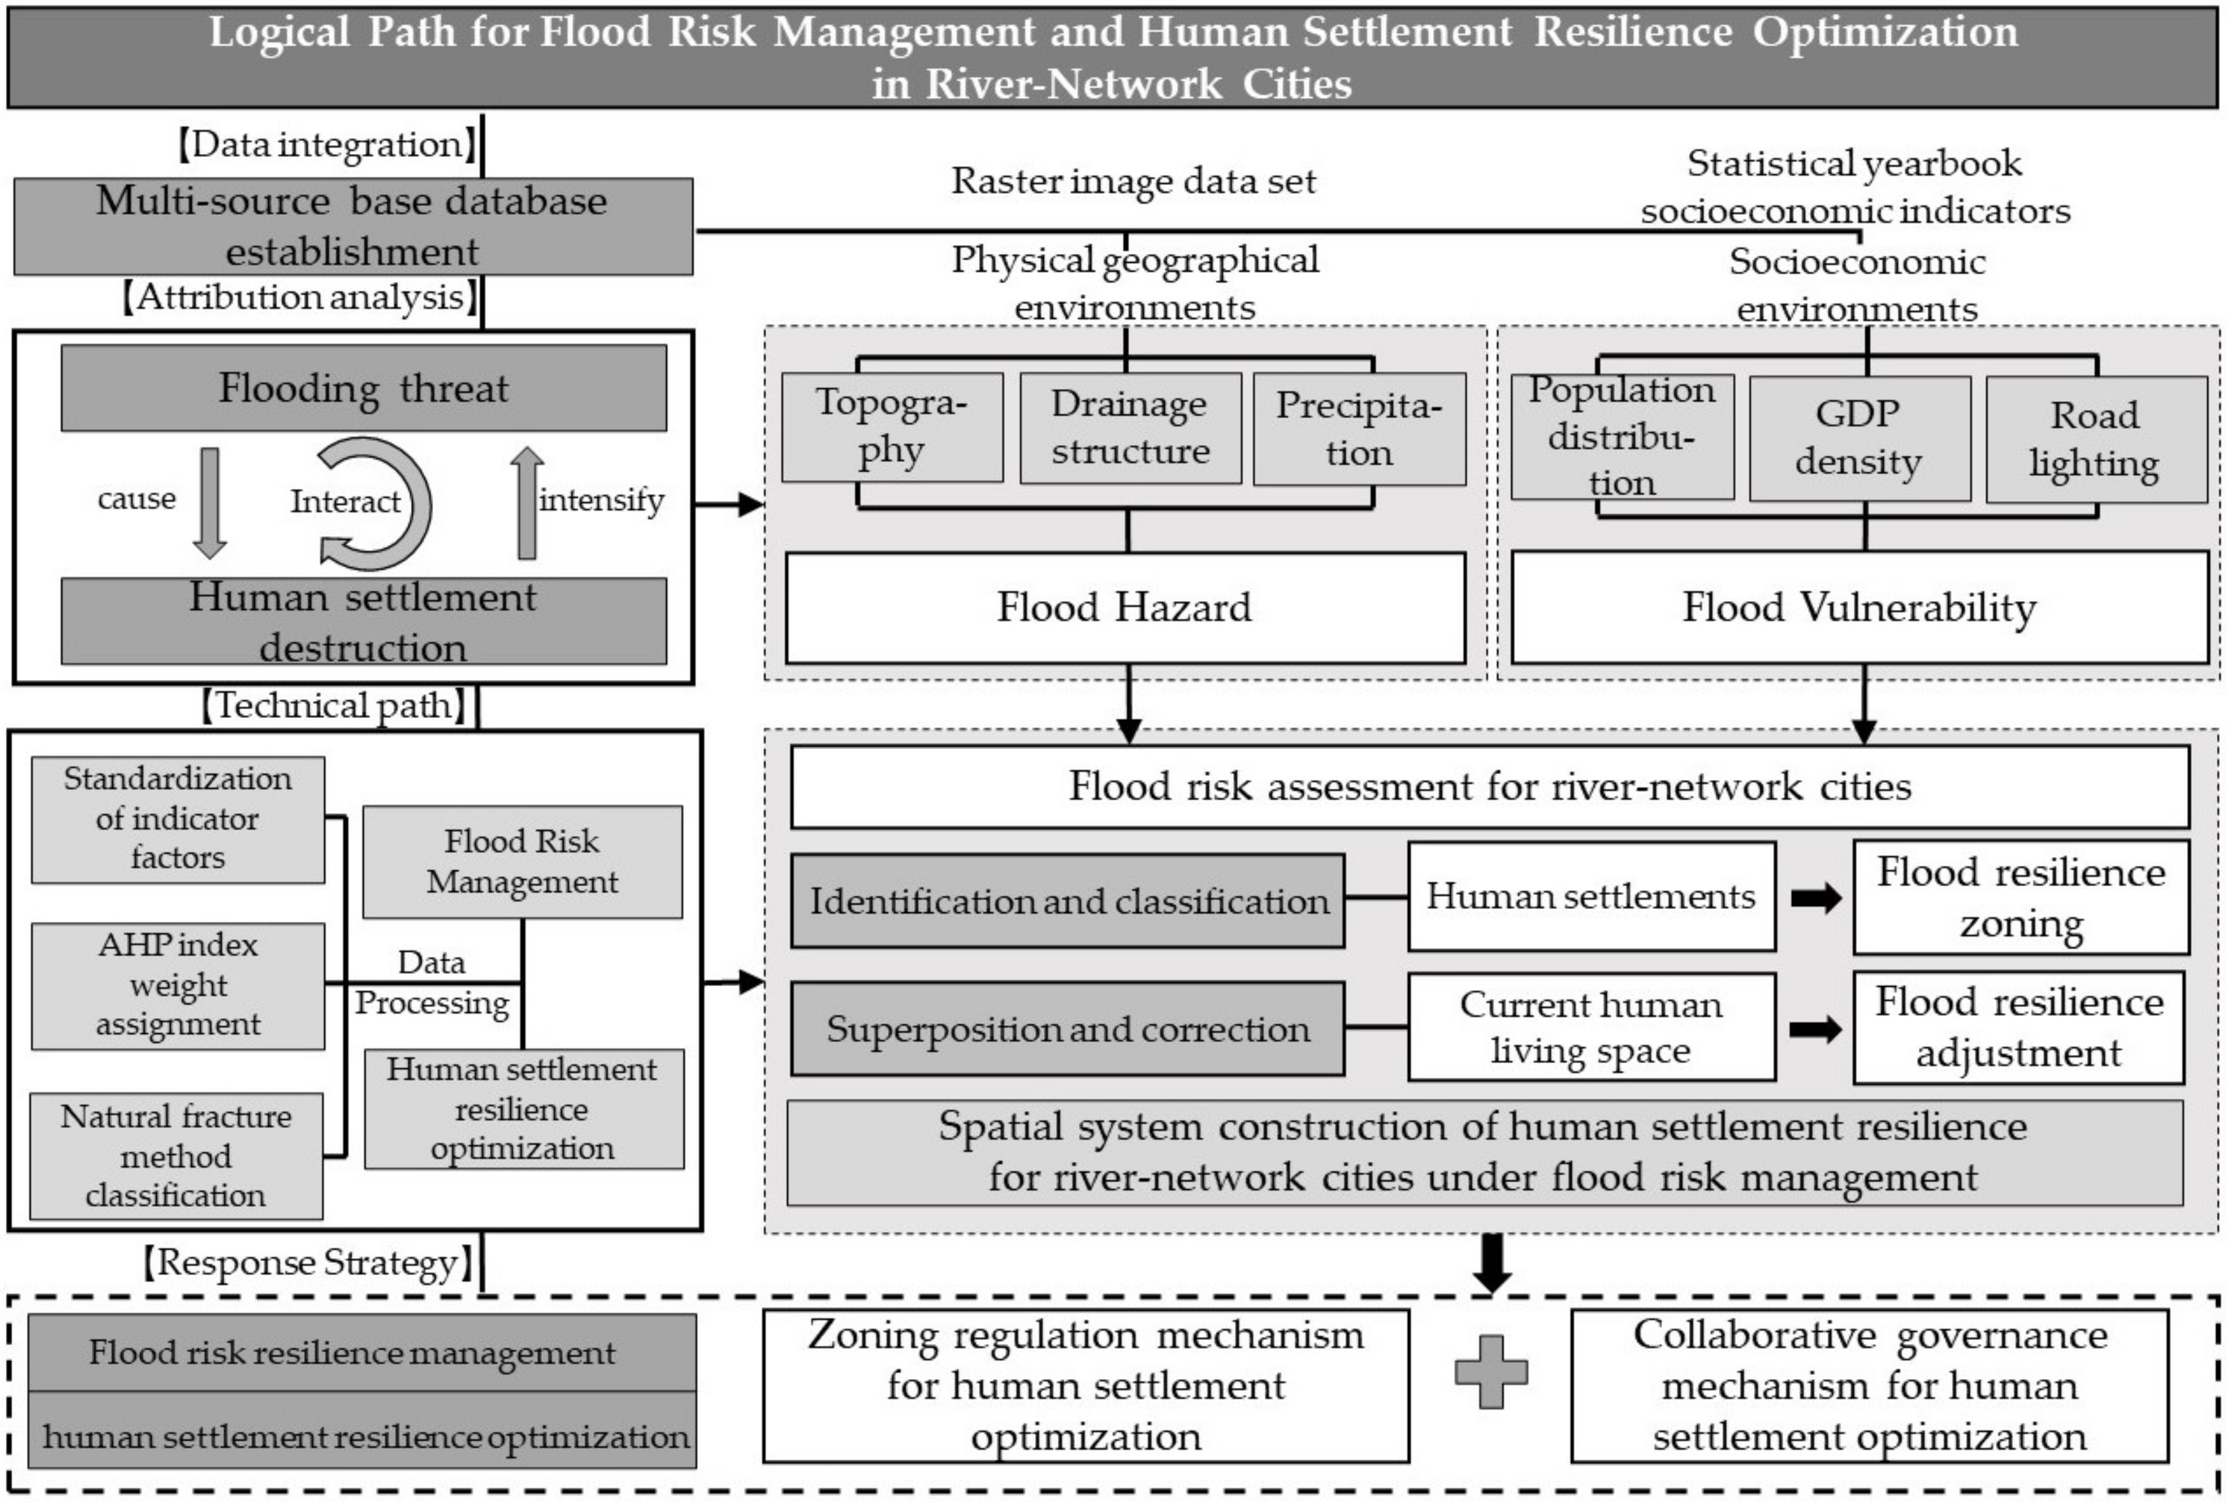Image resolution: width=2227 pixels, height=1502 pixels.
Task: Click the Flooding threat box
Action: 364,388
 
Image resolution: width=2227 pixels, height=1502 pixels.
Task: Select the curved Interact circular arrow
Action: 378,504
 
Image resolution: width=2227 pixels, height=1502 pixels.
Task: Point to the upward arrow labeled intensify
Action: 526,503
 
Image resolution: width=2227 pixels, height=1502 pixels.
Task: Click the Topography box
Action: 892,428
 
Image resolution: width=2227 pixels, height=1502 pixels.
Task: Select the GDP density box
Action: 1859,438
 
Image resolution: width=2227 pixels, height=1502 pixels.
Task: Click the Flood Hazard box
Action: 1125,607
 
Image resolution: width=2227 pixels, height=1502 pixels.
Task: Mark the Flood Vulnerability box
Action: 1859,607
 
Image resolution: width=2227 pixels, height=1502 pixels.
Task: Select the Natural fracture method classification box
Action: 176,1156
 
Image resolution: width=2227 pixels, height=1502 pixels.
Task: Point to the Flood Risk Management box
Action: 522,861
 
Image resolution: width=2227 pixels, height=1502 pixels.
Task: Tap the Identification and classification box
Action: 1068,900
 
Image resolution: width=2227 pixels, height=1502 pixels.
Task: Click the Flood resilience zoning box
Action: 2020,898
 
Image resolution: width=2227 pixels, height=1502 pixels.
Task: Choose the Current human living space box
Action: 1591,1027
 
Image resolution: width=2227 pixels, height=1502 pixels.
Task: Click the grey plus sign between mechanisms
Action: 1491,1372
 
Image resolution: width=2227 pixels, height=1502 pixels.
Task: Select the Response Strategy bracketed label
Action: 307,1262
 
